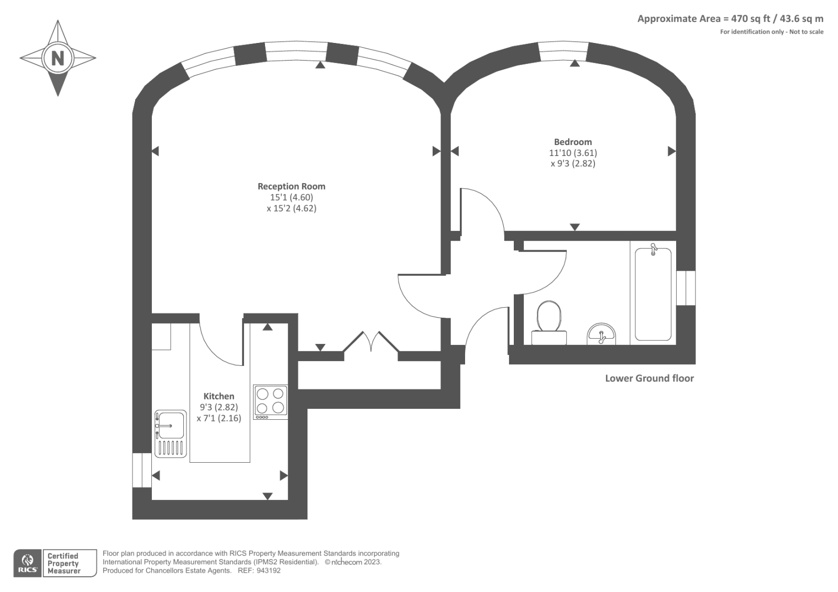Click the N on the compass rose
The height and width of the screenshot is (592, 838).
pyautogui.click(x=58, y=58)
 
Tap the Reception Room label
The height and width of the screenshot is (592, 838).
pyautogui.click(x=291, y=186)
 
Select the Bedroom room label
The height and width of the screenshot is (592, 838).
pyautogui.click(x=573, y=142)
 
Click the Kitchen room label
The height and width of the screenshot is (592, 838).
pyautogui.click(x=219, y=396)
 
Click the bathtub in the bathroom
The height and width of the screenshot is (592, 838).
pyautogui.click(x=653, y=294)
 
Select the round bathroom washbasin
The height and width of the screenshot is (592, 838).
pyautogui.click(x=601, y=333)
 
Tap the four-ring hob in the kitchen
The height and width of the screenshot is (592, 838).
pyautogui.click(x=270, y=401)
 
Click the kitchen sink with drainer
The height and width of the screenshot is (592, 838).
pyautogui.click(x=171, y=433)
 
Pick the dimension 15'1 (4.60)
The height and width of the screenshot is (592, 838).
pyautogui.click(x=291, y=197)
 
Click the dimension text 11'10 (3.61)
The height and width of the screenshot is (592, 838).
pyautogui.click(x=573, y=153)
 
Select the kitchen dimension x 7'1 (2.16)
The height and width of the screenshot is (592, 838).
pyautogui.click(x=219, y=418)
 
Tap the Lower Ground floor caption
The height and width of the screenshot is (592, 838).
pyautogui.click(x=649, y=378)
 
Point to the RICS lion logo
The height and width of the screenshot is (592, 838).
pyautogui.click(x=27, y=563)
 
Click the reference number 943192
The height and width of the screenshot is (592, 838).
pyautogui.click(x=269, y=571)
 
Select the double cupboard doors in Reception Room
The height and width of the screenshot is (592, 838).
pyautogui.click(x=371, y=342)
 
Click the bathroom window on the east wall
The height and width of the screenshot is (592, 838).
pyautogui.click(x=686, y=288)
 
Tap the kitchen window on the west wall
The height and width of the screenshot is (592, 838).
pyautogui.click(x=141, y=470)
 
